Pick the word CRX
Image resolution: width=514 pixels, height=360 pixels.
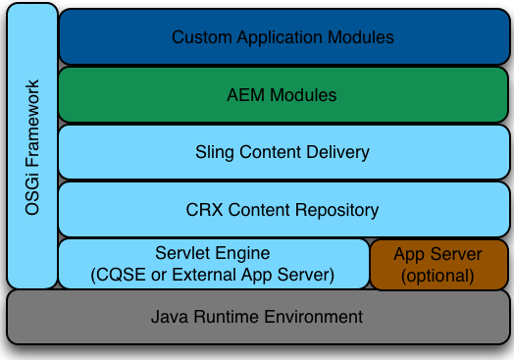pyautogui.click(x=203, y=210)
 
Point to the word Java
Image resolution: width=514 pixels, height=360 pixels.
pyautogui.click(x=168, y=317)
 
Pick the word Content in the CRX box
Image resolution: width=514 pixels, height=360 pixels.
pyautogui.click(x=263, y=210)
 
